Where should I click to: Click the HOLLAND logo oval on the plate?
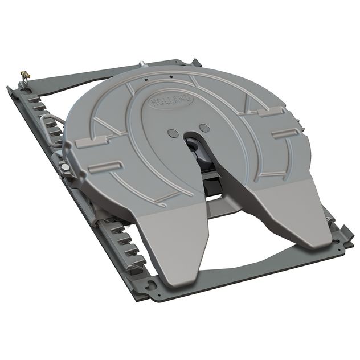[x=171, y=101]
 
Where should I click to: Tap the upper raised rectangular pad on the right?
[x=269, y=114]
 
